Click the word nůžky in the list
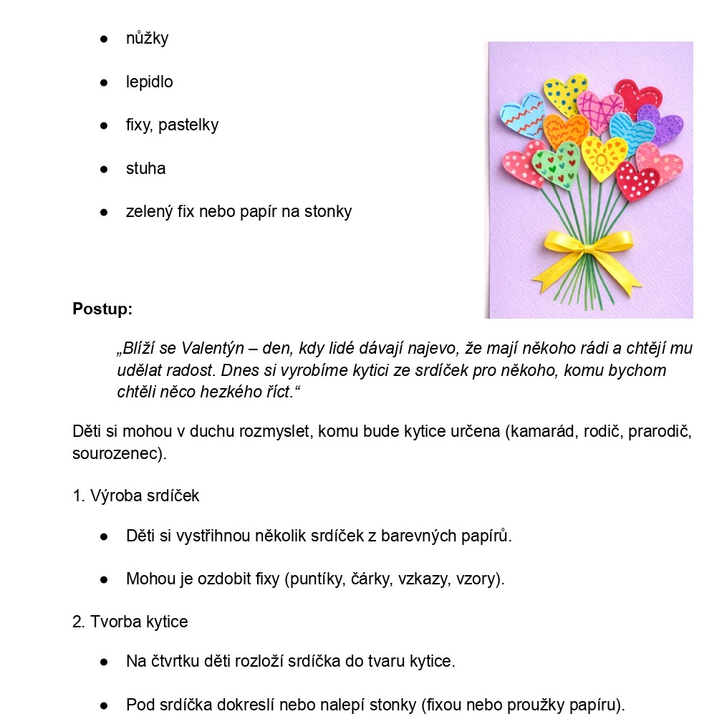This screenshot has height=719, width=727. coord(147,39)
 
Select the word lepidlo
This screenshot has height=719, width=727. coord(149,82)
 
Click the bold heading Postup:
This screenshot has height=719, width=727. coord(102,309)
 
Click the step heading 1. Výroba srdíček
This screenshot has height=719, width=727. coord(136,496)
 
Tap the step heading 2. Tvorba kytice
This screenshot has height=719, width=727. coord(130,622)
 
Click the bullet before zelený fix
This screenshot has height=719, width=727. coord(104,212)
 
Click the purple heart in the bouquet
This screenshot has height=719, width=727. coord(660,126)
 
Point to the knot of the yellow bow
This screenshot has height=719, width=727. coord(588,248)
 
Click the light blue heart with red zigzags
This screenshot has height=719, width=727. coord(521,115)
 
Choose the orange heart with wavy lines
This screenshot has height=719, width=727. coord(566,131)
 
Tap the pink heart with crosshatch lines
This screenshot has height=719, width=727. coord(600,111)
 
